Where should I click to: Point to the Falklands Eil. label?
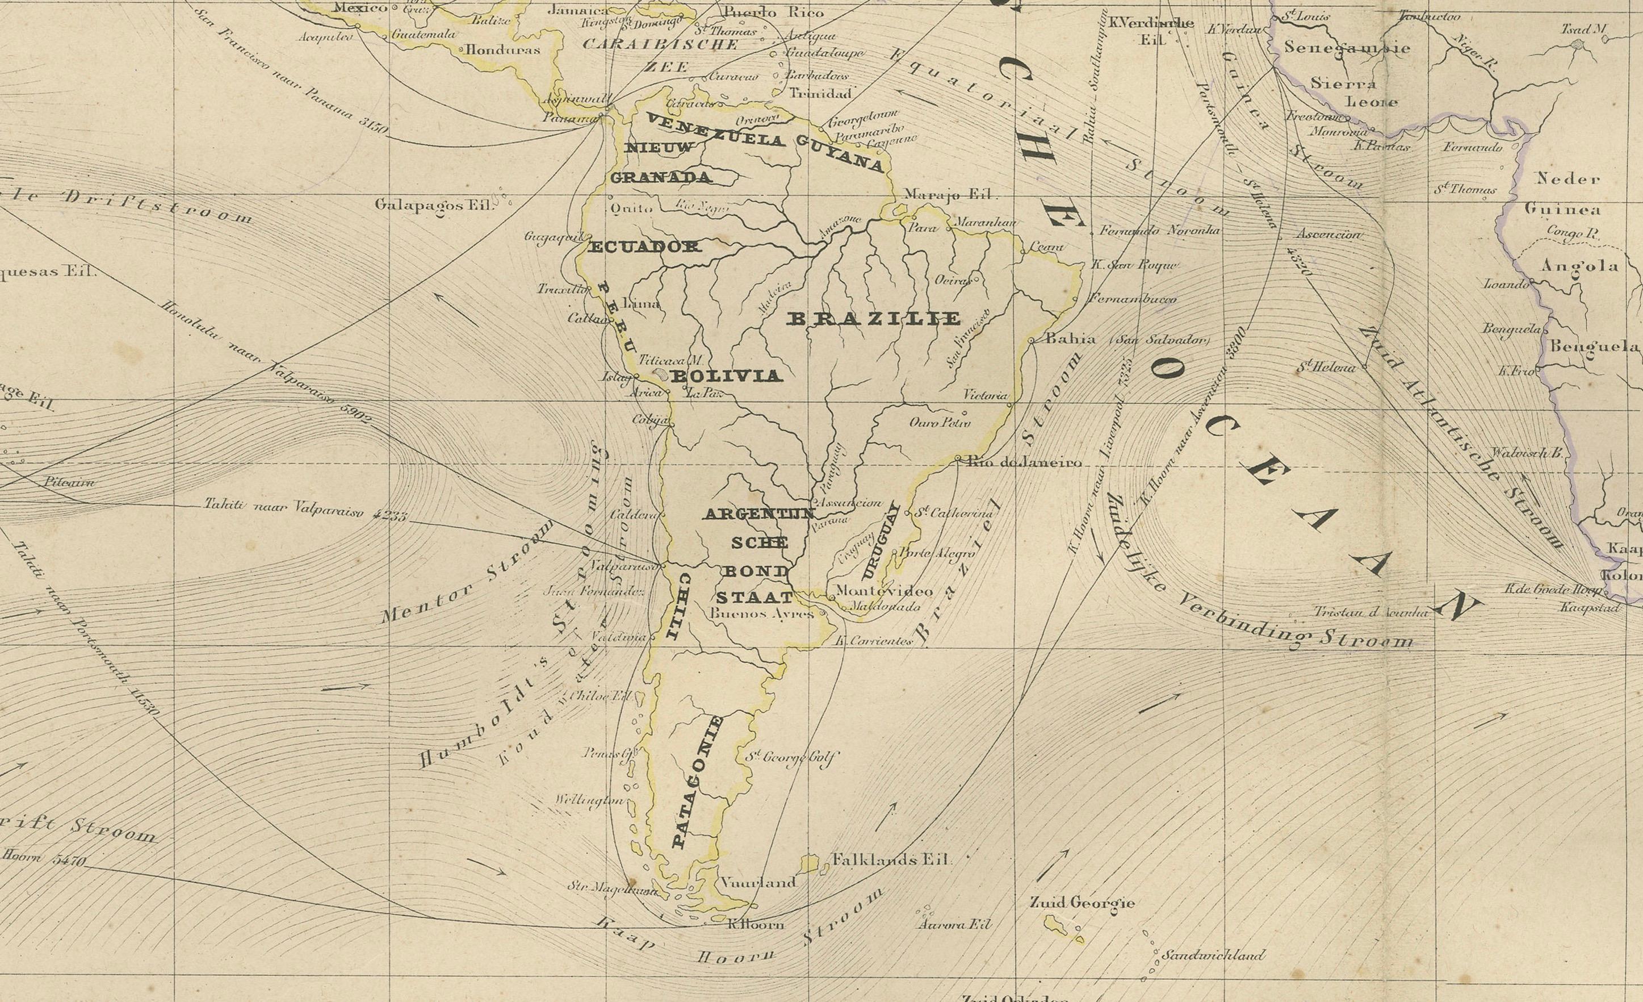click(890, 860)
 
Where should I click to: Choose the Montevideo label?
click(884, 591)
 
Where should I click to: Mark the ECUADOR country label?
click(644, 247)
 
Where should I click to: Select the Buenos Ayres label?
click(762, 613)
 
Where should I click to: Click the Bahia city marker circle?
click(1032, 341)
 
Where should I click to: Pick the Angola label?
click(1579, 265)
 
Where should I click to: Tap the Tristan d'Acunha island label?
click(1370, 612)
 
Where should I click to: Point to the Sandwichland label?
click(1212, 955)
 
